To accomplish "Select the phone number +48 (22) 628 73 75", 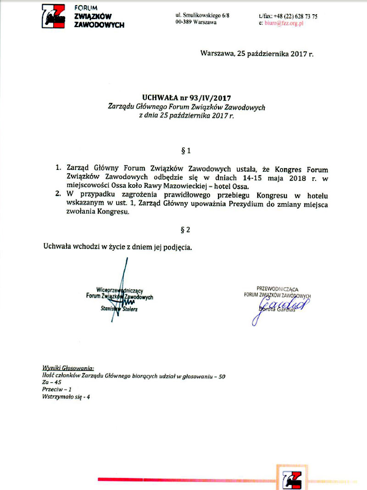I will [x=295, y=16].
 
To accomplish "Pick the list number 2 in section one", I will [x=58, y=195].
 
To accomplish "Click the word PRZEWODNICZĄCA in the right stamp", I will [x=277, y=289].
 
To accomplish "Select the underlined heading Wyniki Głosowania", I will [x=68, y=368].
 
